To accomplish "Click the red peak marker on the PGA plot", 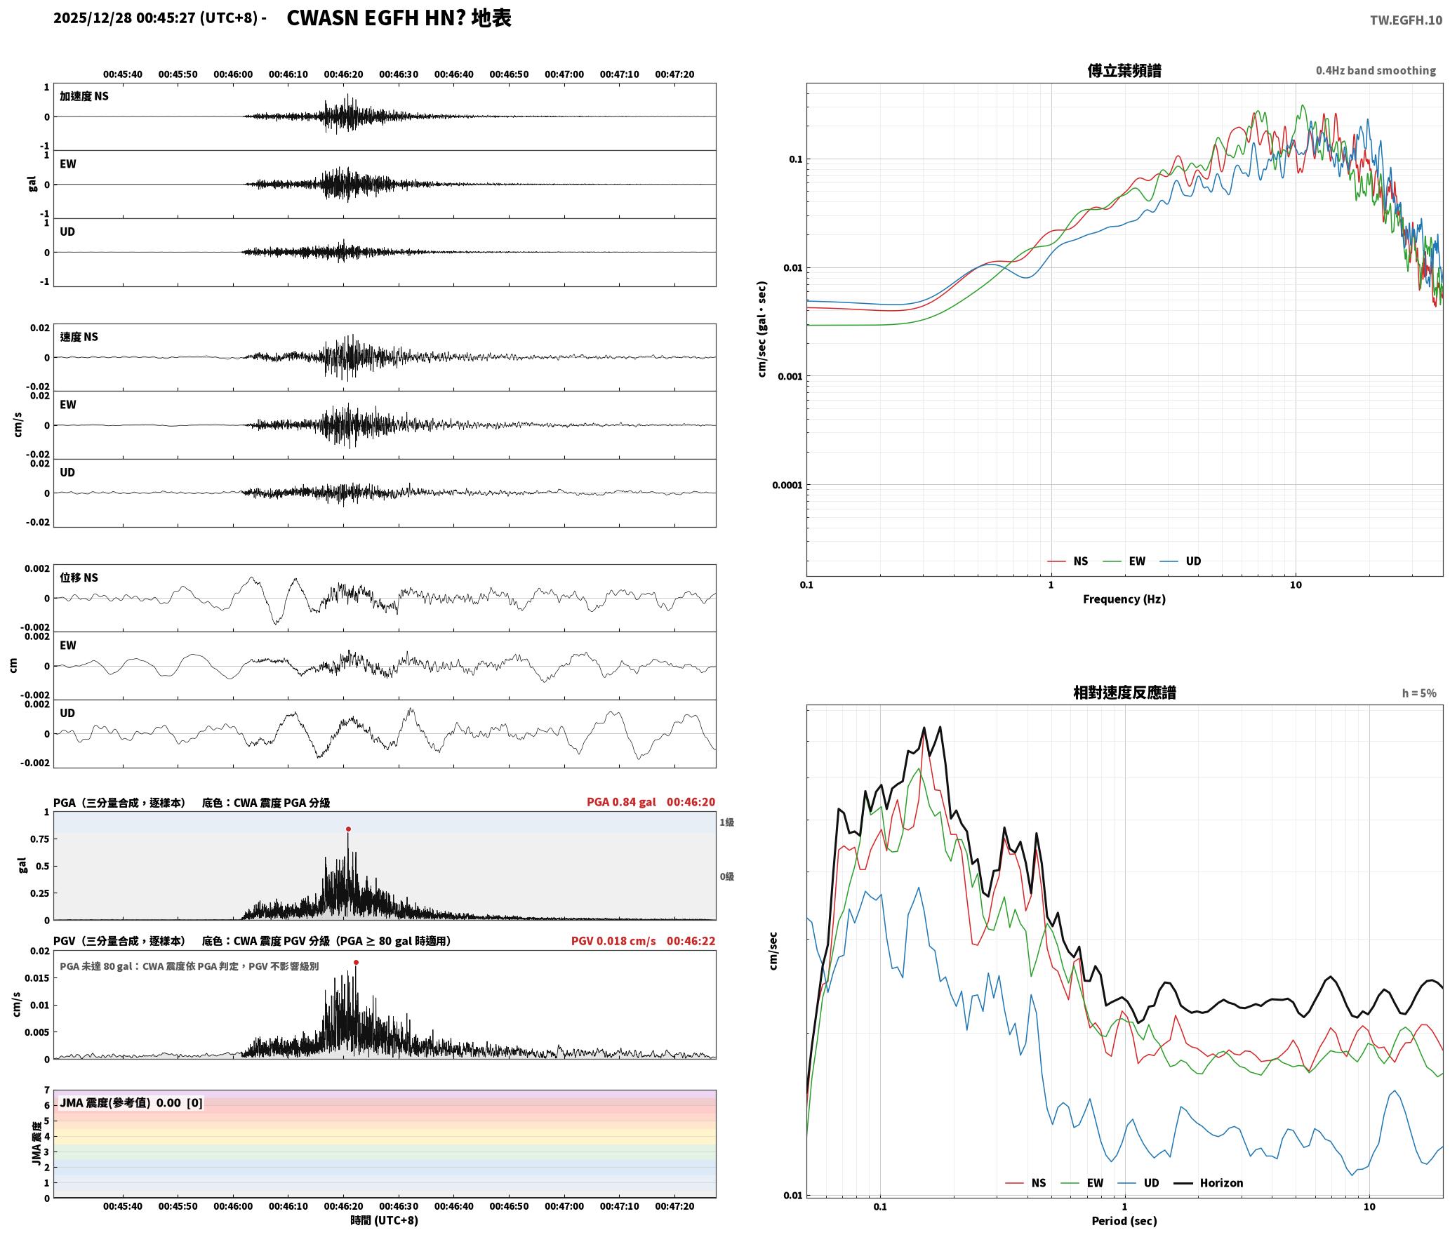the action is [348, 829].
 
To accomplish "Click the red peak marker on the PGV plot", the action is [357, 963].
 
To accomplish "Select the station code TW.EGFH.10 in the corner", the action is [1406, 20].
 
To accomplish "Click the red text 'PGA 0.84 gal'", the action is [621, 802].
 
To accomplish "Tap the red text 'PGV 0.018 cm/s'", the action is [613, 941].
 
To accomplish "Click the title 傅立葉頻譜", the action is [1124, 71].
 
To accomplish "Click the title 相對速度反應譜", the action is [1124, 693].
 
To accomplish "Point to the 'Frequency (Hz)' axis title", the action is [1124, 599].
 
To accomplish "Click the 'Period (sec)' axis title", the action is [1124, 1221].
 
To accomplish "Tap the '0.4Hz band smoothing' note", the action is [1376, 71].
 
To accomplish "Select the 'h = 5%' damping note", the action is [1419, 693].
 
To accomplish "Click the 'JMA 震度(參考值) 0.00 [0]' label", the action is [131, 1103].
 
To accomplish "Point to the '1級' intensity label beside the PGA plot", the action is [726, 822].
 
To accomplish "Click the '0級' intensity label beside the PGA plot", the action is [726, 876].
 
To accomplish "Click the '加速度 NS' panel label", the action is [84, 96].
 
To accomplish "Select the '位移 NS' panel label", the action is [79, 578].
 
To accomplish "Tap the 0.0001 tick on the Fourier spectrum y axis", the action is [787, 485].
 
